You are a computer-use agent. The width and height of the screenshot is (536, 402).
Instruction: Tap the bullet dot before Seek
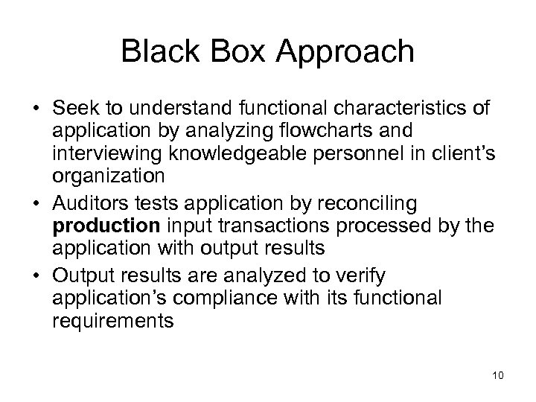pos(36,109)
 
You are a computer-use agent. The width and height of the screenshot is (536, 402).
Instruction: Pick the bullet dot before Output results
pos(36,276)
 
